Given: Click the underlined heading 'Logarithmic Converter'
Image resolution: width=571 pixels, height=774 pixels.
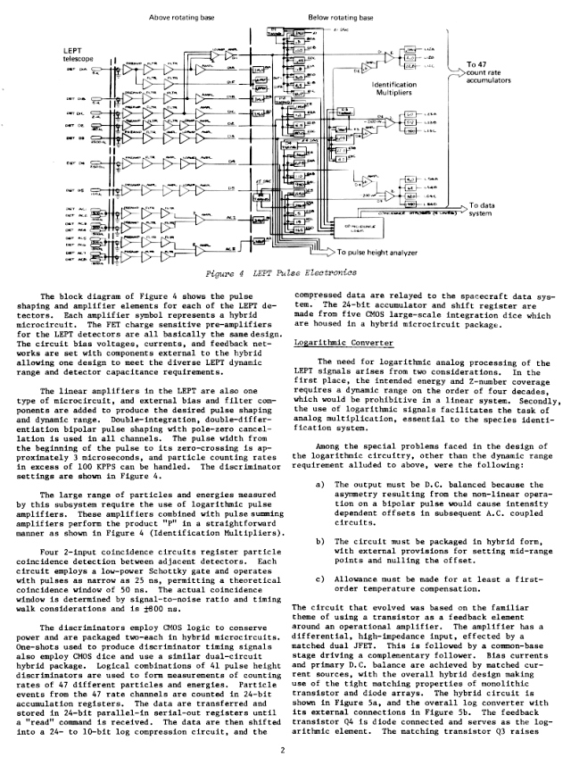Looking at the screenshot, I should [328, 340].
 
